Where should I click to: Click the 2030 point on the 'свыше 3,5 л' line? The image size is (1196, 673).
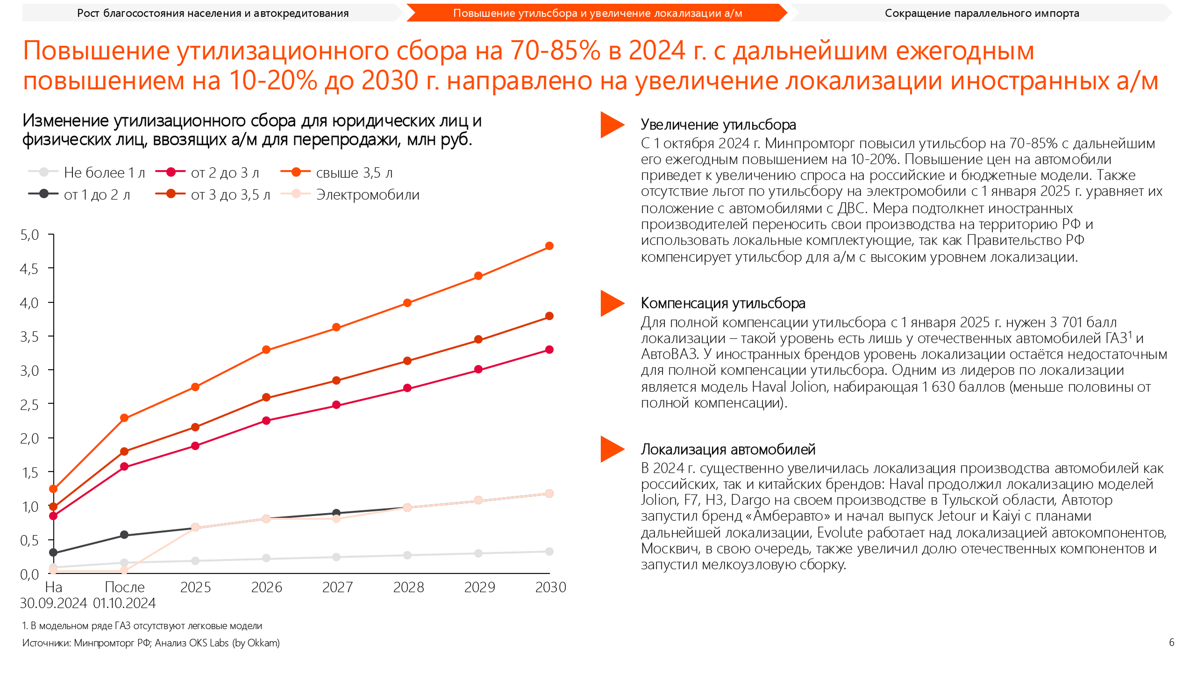549,246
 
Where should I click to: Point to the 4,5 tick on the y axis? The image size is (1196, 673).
29,269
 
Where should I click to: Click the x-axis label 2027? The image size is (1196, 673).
337,587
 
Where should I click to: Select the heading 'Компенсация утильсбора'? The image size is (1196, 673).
723,303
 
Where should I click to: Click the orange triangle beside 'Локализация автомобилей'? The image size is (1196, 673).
612,449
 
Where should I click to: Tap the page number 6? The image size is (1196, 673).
1171,642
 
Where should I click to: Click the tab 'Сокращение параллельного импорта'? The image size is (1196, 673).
982,13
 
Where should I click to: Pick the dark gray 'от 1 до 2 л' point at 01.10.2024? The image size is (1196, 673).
124,535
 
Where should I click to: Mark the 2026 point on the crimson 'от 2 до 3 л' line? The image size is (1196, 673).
266,421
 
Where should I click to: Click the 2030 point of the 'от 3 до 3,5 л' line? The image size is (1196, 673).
549,316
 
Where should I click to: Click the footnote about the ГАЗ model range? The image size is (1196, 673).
142,625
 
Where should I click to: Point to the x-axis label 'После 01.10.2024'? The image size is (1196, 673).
124,595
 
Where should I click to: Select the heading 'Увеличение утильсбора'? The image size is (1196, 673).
718,124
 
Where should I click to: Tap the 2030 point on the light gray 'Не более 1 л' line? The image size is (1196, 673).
549,551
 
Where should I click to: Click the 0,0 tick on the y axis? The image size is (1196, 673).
29,574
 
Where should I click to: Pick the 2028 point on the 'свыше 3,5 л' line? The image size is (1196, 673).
407,303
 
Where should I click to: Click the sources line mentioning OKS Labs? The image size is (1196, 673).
151,643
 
